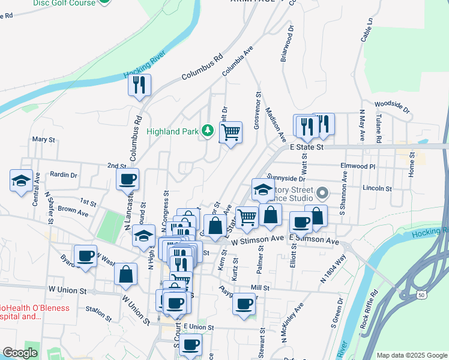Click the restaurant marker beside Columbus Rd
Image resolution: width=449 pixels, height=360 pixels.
[140, 85]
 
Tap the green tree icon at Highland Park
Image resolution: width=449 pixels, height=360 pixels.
[208, 130]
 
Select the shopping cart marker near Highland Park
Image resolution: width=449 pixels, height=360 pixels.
[230, 132]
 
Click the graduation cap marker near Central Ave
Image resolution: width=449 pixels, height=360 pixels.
[21, 181]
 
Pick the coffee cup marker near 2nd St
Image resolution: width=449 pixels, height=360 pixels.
[128, 178]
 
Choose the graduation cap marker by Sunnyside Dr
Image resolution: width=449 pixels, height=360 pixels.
[262, 190]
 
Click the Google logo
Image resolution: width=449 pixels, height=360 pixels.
[20, 353]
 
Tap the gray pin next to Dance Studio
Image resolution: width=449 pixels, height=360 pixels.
[322, 193]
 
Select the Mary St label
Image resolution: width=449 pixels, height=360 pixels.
[44, 139]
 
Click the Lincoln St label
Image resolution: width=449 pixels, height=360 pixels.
[377, 188]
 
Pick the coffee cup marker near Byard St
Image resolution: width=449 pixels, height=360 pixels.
[86, 256]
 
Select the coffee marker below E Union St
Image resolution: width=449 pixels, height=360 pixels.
[191, 344]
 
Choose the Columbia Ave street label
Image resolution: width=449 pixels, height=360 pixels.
[238, 62]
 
